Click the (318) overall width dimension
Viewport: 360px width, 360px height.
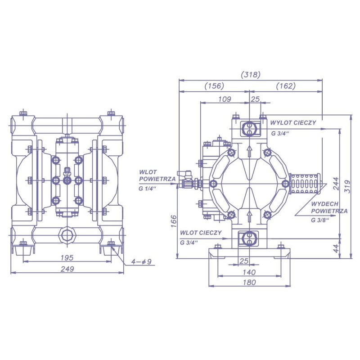251,75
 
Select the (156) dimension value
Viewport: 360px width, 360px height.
214,86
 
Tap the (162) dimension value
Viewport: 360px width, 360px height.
286,86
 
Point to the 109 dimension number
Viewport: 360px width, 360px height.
225,99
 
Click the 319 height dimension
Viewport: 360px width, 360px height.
348,186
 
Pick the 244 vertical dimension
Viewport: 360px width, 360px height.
336,184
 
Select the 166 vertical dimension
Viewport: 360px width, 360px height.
174,221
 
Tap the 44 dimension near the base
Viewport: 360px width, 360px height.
336,248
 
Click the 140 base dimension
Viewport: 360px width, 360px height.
249,272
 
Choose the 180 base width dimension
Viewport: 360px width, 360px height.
249,282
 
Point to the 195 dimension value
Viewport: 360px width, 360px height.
67,257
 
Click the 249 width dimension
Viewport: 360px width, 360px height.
67,269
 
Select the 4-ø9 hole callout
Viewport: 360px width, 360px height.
141,261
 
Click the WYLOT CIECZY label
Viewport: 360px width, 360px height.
293,122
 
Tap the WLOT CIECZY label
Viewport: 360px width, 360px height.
201,233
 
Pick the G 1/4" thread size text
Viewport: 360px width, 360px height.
148,189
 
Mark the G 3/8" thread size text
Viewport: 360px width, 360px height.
320,220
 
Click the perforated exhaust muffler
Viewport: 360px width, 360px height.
305,184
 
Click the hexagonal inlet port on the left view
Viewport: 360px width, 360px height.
67,235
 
